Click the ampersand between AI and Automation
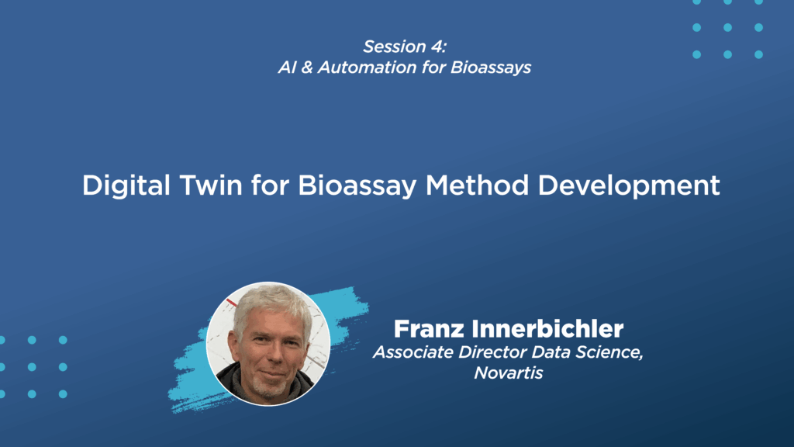307,68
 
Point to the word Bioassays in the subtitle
491,68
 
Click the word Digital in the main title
126,185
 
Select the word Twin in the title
211,185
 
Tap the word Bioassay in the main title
357,186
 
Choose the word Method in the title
478,185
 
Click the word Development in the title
629,186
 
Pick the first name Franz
429,329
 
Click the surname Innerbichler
548,329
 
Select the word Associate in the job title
413,352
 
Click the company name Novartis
509,373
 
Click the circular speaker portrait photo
268,344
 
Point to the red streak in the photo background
231,303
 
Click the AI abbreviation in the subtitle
287,68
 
